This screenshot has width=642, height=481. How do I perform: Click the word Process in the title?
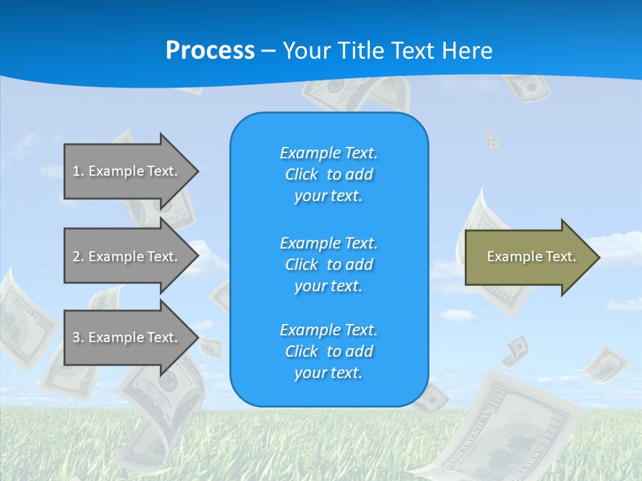click(210, 51)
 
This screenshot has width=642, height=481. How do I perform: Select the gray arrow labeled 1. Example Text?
click(127, 171)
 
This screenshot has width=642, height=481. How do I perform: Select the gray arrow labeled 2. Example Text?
click(127, 257)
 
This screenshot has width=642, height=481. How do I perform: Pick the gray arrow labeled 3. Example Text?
click(127, 337)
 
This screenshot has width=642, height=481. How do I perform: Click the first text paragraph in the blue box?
click(328, 174)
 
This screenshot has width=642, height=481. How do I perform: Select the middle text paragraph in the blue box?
click(328, 265)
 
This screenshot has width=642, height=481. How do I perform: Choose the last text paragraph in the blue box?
click(328, 351)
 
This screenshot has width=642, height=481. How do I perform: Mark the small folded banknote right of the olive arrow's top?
click(492, 140)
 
